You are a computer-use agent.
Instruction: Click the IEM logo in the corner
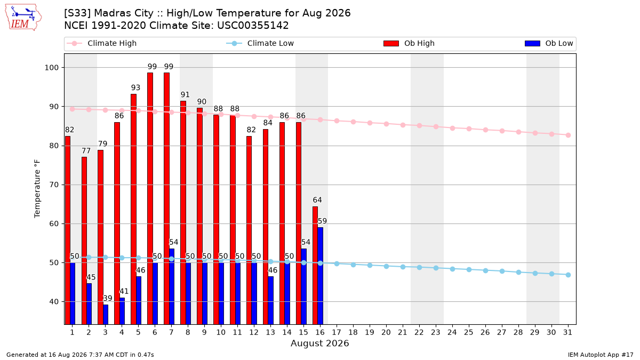click(23, 18)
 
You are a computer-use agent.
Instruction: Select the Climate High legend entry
click(101, 43)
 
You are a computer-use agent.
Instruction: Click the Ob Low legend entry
click(549, 43)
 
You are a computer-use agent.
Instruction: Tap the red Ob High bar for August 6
click(150, 198)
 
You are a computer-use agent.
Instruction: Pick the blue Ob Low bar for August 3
click(106, 314)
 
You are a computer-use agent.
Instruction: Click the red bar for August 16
click(315, 266)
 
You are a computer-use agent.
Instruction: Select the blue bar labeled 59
click(321, 276)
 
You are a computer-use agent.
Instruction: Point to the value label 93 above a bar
click(135, 87)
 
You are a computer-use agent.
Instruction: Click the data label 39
click(107, 298)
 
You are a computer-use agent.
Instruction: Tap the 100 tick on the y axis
click(51, 68)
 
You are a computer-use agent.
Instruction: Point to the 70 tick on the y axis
click(54, 185)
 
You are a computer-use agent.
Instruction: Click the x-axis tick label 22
click(419, 332)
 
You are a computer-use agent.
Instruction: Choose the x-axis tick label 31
click(567, 332)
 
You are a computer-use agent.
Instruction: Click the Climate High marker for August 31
click(569, 135)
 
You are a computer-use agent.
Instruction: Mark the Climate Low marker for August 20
click(386, 266)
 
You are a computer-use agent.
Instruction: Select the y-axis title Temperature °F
click(37, 189)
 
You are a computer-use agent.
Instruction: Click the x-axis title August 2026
click(319, 343)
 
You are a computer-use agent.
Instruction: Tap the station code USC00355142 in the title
click(253, 26)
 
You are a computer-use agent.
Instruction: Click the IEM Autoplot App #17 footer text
click(601, 355)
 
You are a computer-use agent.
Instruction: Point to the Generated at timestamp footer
click(80, 355)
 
